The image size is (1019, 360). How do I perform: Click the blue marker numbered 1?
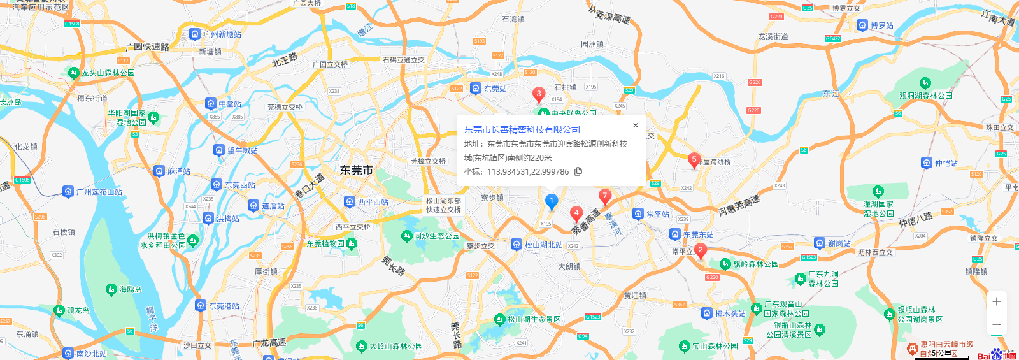(x=552, y=201)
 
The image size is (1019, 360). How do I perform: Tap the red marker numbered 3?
(x=539, y=94)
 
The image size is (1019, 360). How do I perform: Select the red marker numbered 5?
(x=694, y=159)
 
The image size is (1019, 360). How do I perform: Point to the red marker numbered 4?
(x=576, y=213)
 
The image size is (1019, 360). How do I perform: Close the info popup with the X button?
(x=635, y=126)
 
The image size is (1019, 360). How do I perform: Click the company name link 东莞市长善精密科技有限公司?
(x=522, y=129)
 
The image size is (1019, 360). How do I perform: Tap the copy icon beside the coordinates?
(x=578, y=171)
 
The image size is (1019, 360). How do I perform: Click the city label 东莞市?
(x=357, y=170)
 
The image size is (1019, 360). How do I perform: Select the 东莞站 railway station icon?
(x=475, y=88)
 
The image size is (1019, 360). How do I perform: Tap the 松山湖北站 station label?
(x=543, y=245)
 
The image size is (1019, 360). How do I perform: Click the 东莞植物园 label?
(x=325, y=243)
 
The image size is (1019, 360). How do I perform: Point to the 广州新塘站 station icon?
(x=195, y=34)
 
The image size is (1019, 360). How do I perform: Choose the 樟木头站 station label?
(x=730, y=313)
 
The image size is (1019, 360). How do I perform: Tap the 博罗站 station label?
(x=881, y=25)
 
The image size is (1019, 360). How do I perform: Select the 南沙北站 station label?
(x=92, y=354)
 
